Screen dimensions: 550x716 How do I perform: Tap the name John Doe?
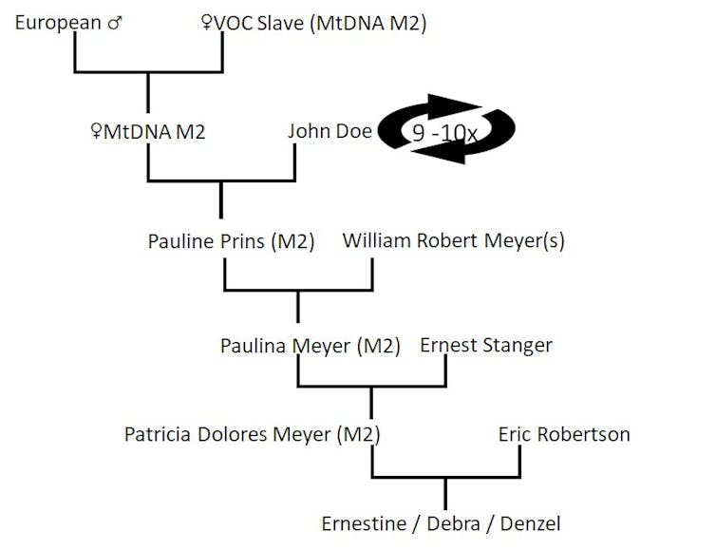point(330,131)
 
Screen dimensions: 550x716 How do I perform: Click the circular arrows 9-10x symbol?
point(446,130)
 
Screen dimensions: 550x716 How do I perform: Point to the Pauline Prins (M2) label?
point(231,240)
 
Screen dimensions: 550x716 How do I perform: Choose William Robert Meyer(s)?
point(453,240)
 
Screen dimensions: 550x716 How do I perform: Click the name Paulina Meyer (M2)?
point(311,346)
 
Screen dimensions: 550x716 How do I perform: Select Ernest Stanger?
point(485,345)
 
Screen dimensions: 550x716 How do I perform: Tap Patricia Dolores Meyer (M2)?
point(252,434)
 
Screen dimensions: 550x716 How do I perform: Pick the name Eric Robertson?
point(564,434)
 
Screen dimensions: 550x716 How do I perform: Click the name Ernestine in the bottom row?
point(363,523)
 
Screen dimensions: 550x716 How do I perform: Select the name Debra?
point(452,523)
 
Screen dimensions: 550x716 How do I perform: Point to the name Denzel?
point(530,523)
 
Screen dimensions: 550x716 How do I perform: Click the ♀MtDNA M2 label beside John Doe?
point(145,131)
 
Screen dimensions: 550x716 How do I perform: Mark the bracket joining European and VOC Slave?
point(148,72)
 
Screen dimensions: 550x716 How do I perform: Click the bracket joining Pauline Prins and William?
point(298,289)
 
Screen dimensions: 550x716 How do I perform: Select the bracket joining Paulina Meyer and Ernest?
point(371,386)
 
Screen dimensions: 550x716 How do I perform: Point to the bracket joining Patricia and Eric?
point(445,476)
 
